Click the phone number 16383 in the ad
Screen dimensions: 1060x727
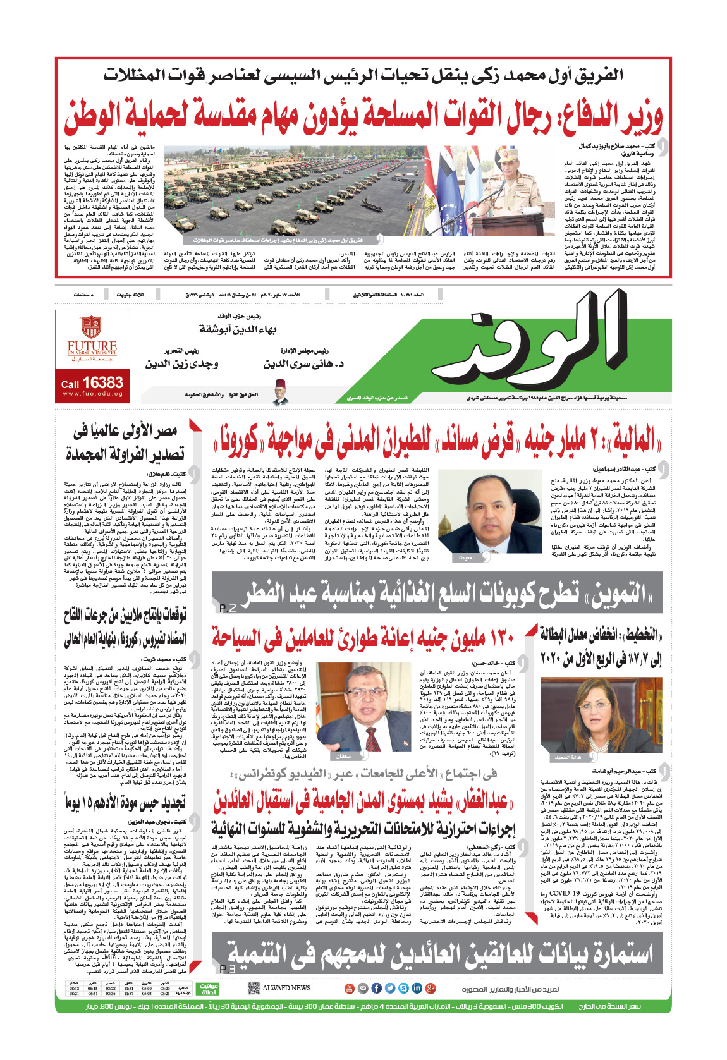pyautogui.click(x=103, y=382)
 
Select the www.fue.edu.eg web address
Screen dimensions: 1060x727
pyautogui.click(x=92, y=394)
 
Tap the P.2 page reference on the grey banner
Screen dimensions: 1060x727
pyautogui.click(x=228, y=608)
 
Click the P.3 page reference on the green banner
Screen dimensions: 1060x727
pyautogui.click(x=228, y=968)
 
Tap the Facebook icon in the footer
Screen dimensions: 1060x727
pyautogui.click(x=376, y=988)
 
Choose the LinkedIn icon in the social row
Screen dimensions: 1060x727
pyautogui.click(x=417, y=988)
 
